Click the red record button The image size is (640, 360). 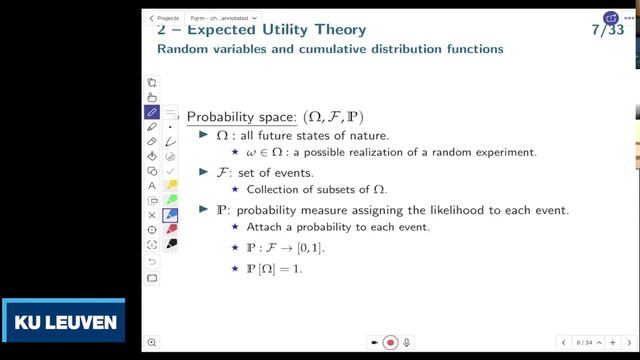391,343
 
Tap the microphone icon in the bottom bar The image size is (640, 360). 407,343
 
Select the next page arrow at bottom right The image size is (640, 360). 629,343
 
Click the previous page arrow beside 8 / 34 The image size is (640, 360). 564,343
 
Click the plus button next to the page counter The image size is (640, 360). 612,343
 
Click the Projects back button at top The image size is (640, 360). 164,18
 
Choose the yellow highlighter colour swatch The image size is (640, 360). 171,185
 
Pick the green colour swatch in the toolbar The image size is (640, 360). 171,200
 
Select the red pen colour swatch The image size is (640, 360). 171,229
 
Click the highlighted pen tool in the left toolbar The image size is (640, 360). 152,112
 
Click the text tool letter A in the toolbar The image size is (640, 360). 152,186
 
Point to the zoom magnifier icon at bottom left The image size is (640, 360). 151,343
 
